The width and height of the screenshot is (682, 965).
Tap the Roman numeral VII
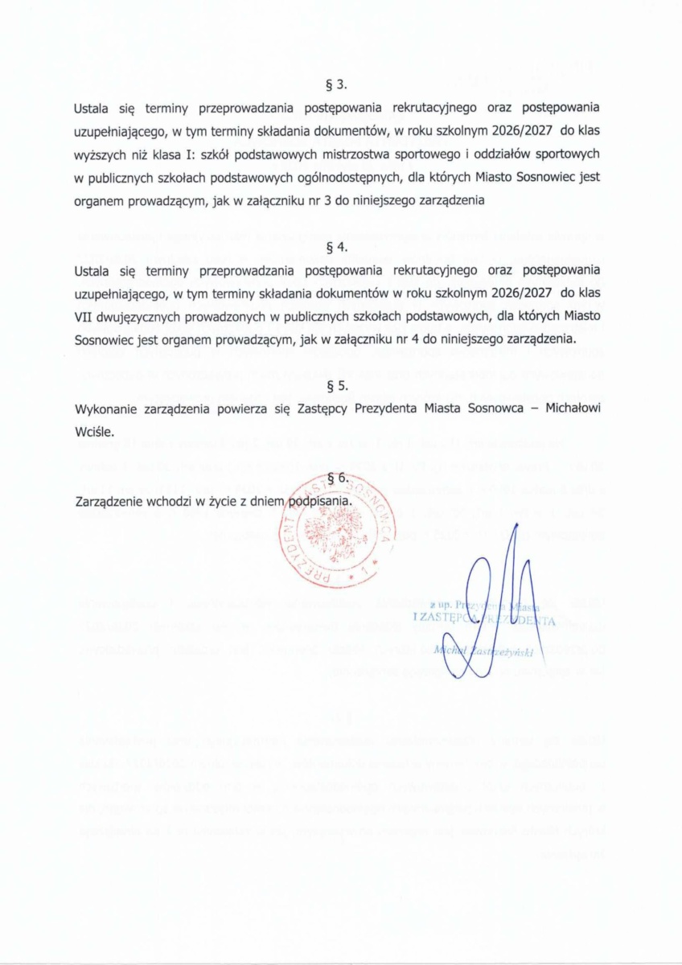click(x=84, y=317)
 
